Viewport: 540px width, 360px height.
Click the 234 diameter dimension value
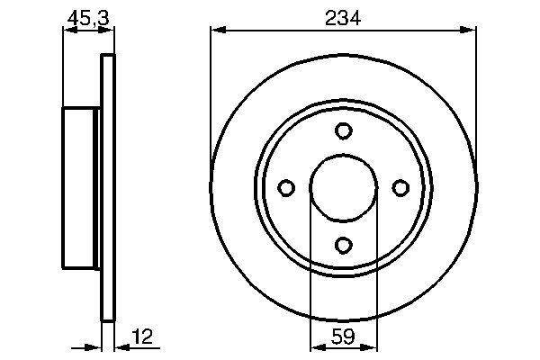[x=343, y=17]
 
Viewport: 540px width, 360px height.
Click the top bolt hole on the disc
[x=343, y=131]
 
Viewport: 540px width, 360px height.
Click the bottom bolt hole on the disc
[x=343, y=243]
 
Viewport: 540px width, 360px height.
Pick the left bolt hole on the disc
[x=287, y=187]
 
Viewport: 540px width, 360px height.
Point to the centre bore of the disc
[x=343, y=187]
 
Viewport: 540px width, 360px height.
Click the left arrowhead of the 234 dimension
[x=216, y=31]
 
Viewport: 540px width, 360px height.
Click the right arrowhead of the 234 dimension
[x=470, y=31]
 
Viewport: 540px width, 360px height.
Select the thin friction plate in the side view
[x=109, y=187]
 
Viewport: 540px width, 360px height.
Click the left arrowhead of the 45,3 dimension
[x=66, y=31]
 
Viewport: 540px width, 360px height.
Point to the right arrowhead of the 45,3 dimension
[x=112, y=31]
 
